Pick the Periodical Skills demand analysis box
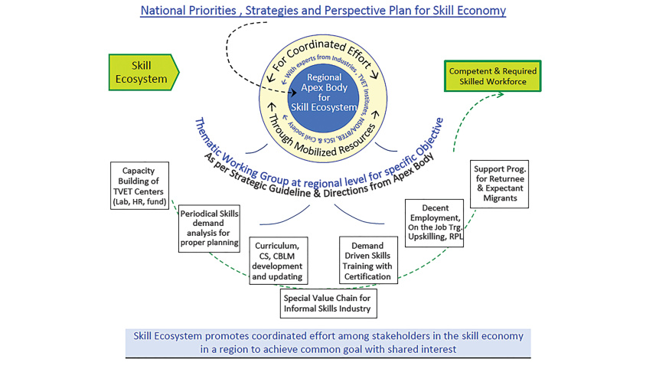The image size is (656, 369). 205,228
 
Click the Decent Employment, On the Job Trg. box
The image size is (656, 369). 434,222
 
